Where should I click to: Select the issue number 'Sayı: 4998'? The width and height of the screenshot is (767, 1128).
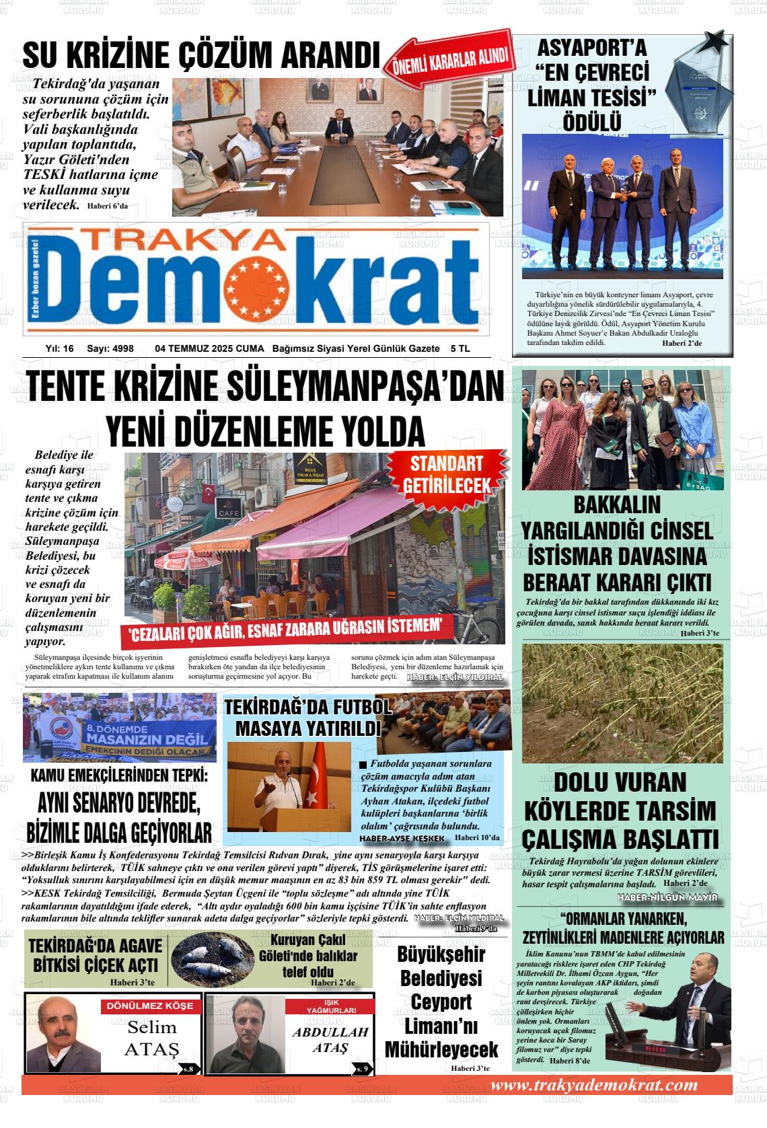pos(110,348)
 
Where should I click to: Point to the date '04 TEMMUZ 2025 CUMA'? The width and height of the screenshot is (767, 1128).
pos(210,348)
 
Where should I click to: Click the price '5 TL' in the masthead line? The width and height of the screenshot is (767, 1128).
pos(460,348)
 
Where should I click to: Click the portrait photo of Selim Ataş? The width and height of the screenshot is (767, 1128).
pos(63,1036)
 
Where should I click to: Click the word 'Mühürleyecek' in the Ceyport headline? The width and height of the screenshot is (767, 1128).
pos(441,1049)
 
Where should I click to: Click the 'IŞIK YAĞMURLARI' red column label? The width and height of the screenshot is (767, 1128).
pos(328,1006)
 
